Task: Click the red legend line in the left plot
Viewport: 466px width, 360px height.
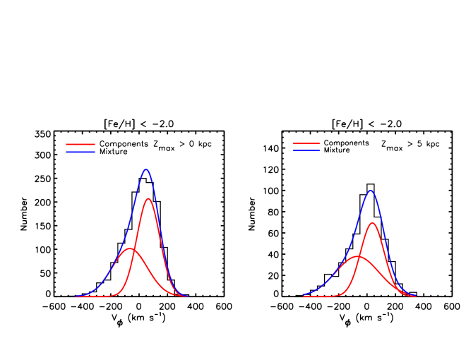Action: pyautogui.click(x=80, y=144)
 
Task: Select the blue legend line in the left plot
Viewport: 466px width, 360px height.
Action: pyautogui.click(x=80, y=152)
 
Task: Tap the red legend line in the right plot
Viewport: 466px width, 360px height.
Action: pyautogui.click(x=306, y=143)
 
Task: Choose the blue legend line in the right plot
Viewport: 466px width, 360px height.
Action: pyautogui.click(x=306, y=150)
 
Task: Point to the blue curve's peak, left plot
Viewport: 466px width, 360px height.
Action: pyautogui.click(x=146, y=169)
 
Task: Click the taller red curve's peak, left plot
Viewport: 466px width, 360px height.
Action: pyautogui.click(x=148, y=198)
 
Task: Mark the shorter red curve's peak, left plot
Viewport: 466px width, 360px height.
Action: pyautogui.click(x=129, y=248)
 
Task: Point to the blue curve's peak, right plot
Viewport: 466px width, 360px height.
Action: pyautogui.click(x=371, y=190)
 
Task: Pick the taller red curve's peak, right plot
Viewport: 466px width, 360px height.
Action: pyautogui.click(x=373, y=223)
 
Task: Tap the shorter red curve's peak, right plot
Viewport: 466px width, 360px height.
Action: pyautogui.click(x=359, y=256)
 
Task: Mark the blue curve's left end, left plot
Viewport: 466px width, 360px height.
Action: pyautogui.click(x=76, y=296)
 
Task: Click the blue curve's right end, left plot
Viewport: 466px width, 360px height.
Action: pyautogui.click(x=188, y=296)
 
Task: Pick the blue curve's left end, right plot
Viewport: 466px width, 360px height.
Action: pyautogui.click(x=303, y=295)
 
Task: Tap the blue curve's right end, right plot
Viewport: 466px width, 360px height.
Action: pyautogui.click(x=416, y=296)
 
